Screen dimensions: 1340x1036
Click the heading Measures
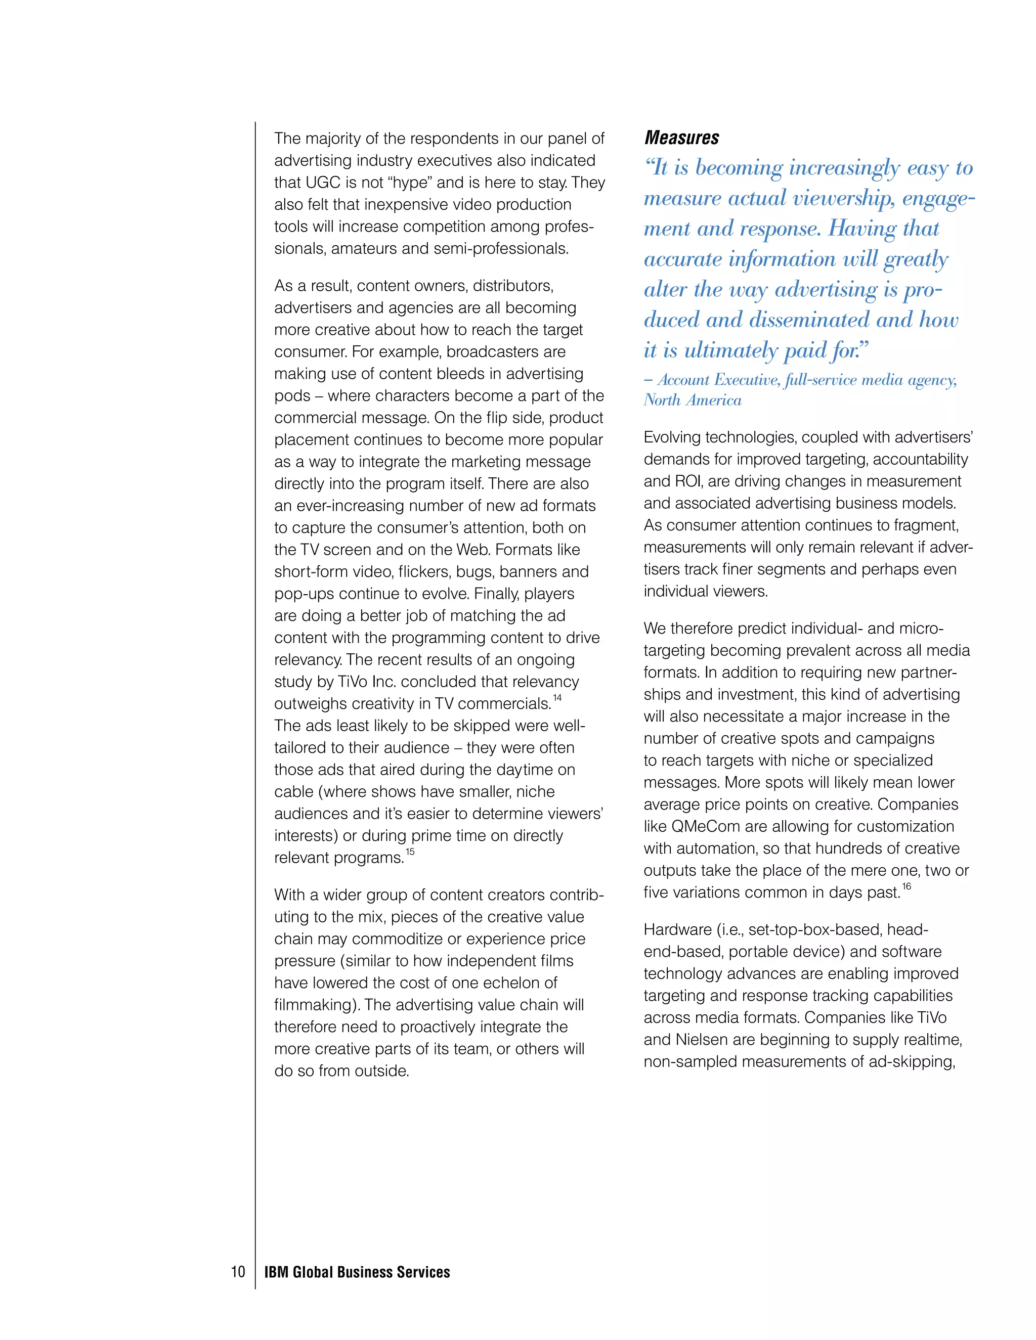[681, 138]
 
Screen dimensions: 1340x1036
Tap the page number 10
[238, 1272]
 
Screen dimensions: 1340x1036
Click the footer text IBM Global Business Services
[357, 1272]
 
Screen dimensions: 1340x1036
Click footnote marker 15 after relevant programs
[410, 852]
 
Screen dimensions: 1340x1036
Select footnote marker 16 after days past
[906, 886]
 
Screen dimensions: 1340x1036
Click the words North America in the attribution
[693, 400]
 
